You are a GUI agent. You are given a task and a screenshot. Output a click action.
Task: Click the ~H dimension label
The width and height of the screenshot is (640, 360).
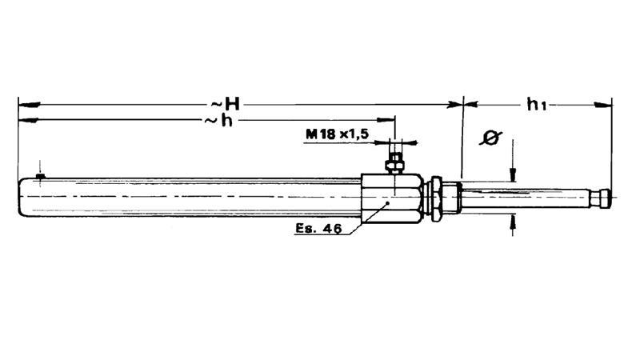click(x=225, y=105)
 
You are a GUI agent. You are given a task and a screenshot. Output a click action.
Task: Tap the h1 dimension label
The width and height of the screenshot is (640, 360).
click(x=536, y=105)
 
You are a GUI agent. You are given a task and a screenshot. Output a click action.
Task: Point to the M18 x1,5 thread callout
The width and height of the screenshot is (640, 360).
click(x=338, y=134)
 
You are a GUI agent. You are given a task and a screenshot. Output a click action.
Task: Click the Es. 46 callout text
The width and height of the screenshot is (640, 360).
click(x=318, y=229)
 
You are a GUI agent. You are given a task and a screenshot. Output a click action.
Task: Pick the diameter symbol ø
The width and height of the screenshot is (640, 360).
click(x=490, y=138)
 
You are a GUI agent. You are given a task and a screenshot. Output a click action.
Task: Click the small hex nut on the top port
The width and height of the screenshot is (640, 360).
click(x=394, y=166)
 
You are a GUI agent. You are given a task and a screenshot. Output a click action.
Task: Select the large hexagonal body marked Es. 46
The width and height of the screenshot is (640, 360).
click(x=391, y=198)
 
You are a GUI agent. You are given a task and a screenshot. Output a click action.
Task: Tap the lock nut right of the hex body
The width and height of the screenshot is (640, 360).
click(x=436, y=198)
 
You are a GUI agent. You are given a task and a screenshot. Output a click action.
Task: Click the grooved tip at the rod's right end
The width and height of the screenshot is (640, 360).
click(x=602, y=198)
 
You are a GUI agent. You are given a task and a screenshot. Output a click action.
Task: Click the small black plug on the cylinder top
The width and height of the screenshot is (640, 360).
click(x=40, y=176)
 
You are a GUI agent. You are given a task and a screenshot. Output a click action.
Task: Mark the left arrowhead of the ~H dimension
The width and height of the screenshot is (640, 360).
click(x=29, y=105)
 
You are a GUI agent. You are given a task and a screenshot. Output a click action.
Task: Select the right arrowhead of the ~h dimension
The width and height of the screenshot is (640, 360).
click(x=386, y=120)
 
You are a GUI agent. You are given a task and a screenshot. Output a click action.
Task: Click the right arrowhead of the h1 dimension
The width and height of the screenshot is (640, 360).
click(x=603, y=105)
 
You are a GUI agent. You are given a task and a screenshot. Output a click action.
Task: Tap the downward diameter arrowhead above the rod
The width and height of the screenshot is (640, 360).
click(x=513, y=174)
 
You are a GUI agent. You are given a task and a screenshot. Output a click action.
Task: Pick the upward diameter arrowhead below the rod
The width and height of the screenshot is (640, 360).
click(x=513, y=222)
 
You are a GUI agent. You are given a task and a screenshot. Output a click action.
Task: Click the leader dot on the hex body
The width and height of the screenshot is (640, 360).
click(x=388, y=203)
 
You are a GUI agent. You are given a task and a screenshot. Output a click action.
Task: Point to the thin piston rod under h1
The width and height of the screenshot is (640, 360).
click(x=526, y=198)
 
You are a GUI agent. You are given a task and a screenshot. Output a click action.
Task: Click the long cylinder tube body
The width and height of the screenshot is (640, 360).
click(x=190, y=197)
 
